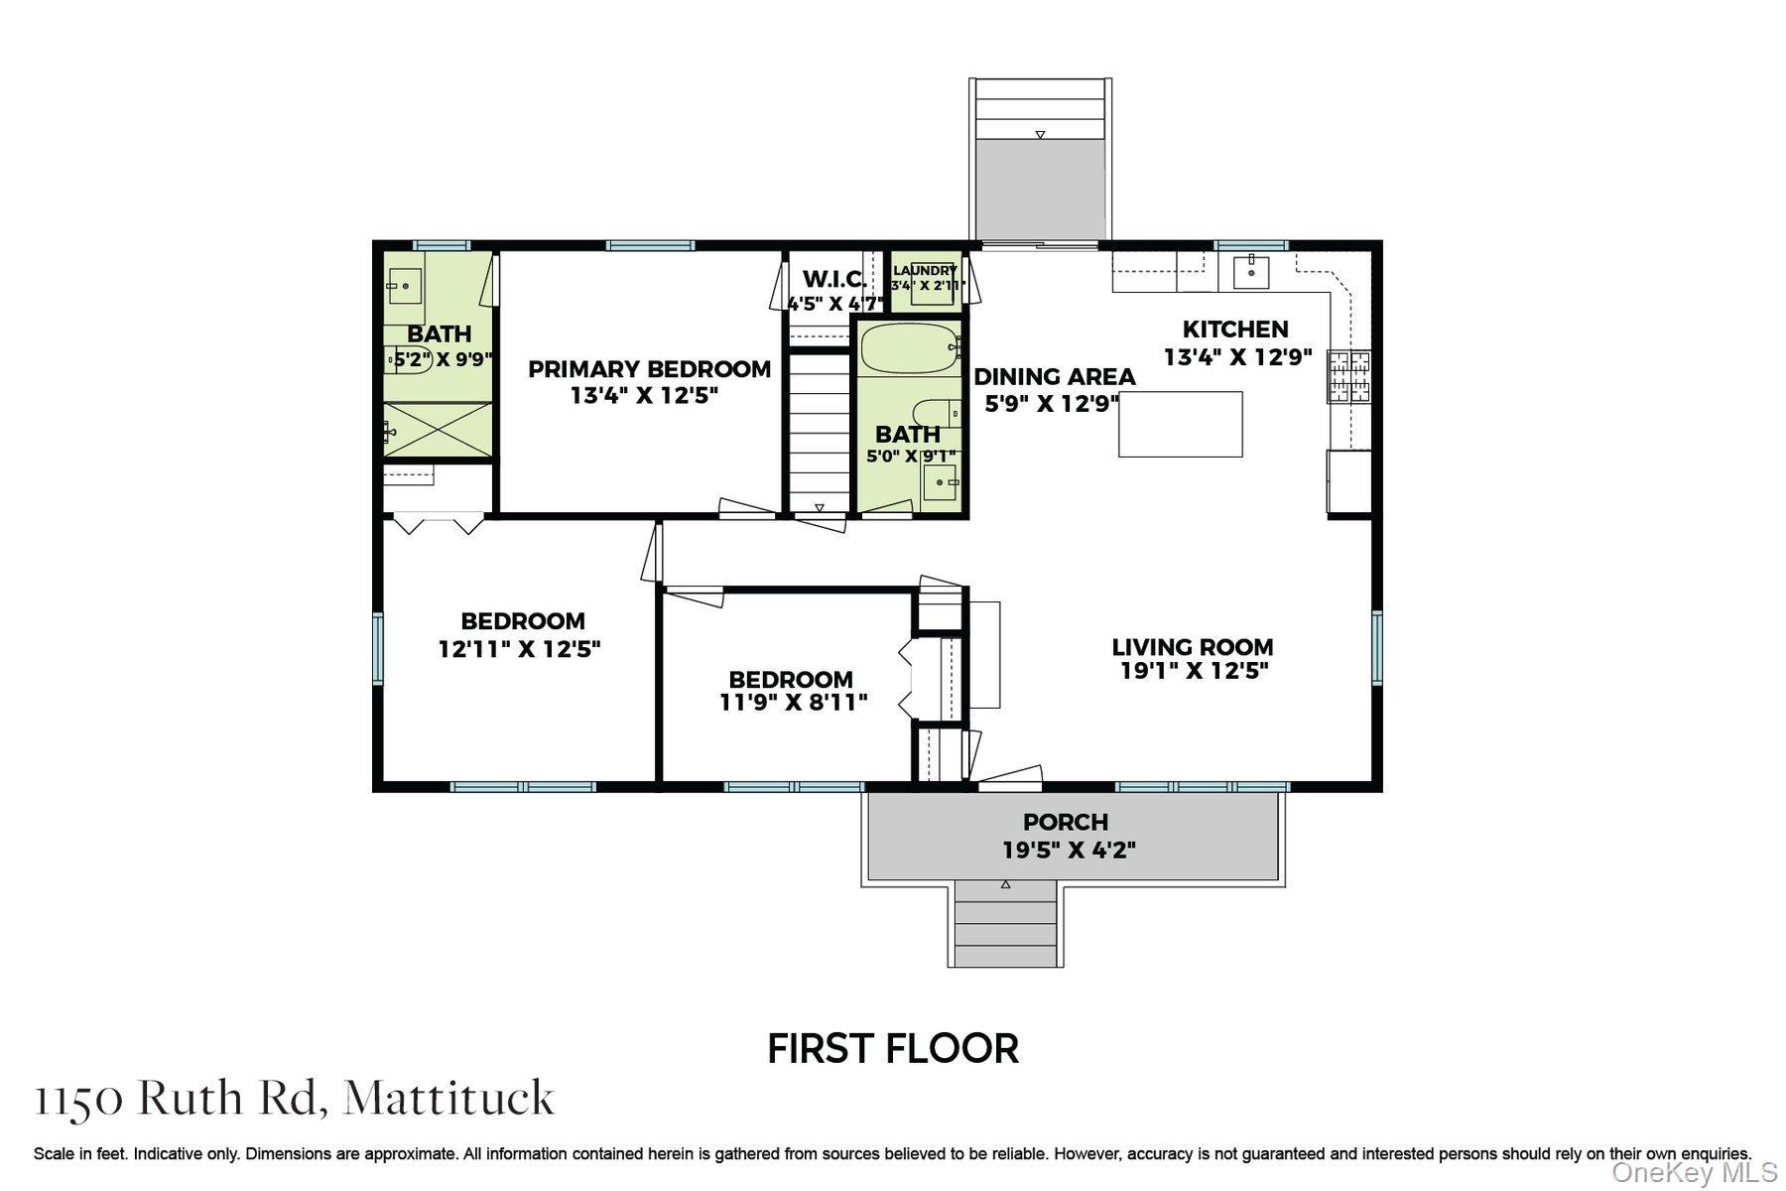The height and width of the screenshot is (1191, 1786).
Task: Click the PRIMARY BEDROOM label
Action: [649, 369]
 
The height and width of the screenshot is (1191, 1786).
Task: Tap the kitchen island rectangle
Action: [1180, 424]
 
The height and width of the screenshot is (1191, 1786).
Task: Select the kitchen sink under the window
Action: [1251, 271]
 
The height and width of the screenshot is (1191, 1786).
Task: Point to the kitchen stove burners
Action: [1348, 376]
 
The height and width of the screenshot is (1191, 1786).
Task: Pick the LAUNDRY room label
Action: [925, 271]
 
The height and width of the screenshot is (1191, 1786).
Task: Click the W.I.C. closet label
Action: [834, 279]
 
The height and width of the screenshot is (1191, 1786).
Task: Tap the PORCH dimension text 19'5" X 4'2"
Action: [1068, 850]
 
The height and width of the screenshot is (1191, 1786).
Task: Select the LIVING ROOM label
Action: [1192, 647]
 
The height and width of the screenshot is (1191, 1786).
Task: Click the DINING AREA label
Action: [1054, 377]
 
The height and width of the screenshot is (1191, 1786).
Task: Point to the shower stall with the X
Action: [438, 430]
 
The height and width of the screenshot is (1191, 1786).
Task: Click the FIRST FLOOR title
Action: [893, 1049]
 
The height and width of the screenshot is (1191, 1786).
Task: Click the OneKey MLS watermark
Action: [1693, 1173]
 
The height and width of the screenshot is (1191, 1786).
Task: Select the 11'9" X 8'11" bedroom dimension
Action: [793, 704]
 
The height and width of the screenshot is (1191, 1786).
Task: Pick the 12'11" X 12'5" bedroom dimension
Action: [520, 650]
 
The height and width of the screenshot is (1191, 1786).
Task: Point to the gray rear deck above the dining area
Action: [1039, 189]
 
